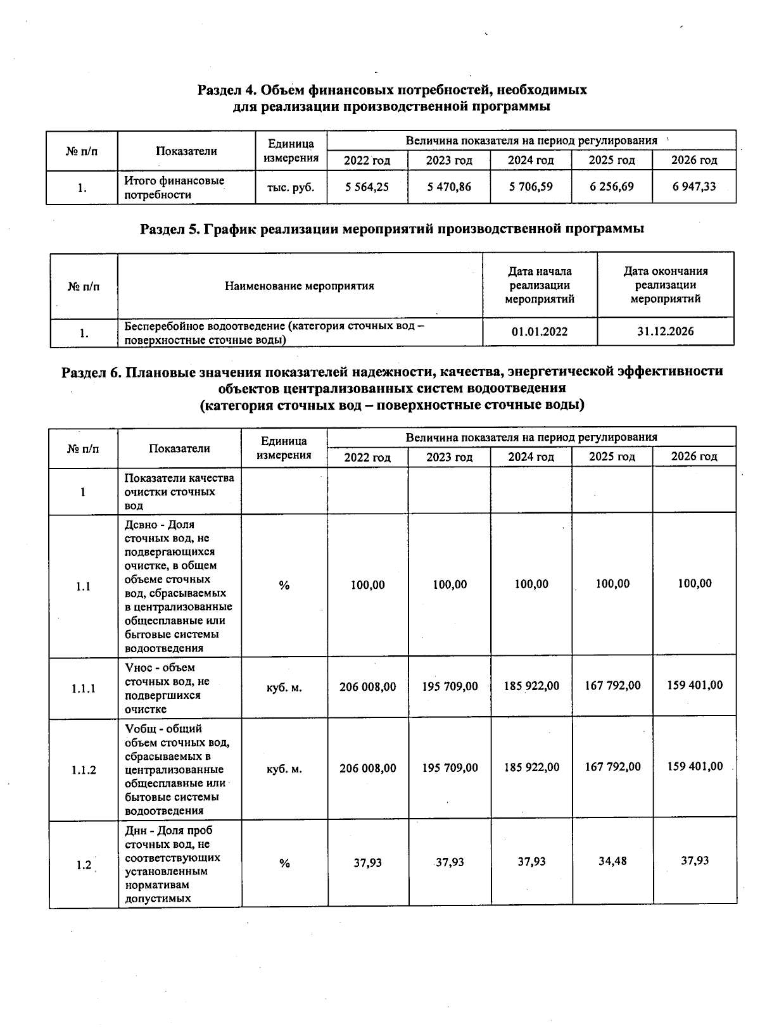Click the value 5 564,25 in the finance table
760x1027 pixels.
point(367,187)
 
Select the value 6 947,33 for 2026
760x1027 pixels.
point(694,186)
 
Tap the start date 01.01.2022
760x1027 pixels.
point(540,332)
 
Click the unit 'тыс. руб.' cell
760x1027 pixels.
point(291,187)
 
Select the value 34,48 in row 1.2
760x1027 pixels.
point(612,861)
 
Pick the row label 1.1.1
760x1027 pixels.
point(84,688)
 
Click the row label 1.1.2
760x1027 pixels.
point(84,770)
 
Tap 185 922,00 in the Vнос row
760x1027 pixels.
point(531,686)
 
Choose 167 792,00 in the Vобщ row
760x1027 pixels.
point(612,767)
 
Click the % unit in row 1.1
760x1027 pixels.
point(284,586)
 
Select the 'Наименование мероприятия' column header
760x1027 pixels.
point(300,286)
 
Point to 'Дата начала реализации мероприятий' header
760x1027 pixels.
point(540,285)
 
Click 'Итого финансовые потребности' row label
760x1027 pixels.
point(174,187)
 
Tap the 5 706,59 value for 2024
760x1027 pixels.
point(531,187)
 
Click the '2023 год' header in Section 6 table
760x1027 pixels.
point(449,457)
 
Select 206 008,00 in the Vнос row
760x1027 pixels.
point(367,686)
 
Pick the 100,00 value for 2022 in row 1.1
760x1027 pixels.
point(367,585)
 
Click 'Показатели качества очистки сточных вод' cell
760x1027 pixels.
point(179,491)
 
